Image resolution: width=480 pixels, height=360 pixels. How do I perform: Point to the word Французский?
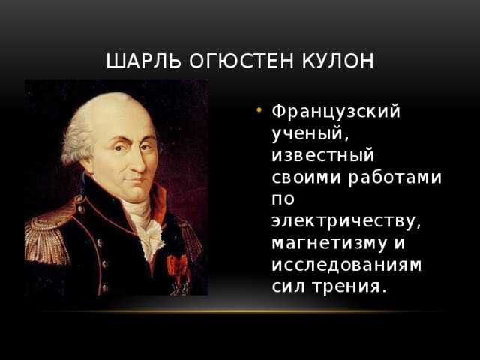[336, 112]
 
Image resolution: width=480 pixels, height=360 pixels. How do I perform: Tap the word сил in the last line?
[289, 286]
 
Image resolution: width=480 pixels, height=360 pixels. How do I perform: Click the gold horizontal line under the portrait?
[240, 310]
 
